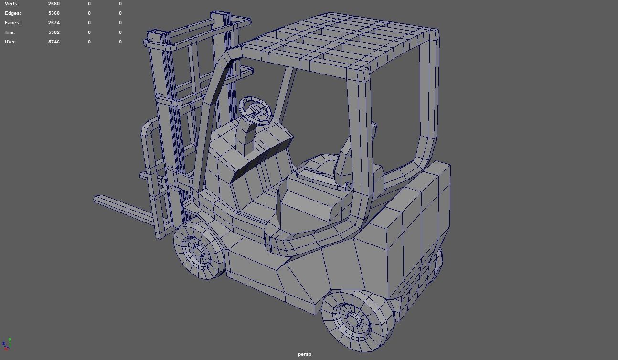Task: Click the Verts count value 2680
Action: (x=53, y=4)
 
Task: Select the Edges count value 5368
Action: (x=53, y=13)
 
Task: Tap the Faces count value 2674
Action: (x=53, y=23)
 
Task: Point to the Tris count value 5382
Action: (x=53, y=32)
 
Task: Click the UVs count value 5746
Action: (x=53, y=42)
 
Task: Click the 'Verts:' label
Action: (x=11, y=4)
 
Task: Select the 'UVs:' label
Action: (x=10, y=42)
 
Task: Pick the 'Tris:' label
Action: (x=10, y=32)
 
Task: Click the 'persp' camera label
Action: (x=304, y=354)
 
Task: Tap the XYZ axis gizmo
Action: (x=6, y=344)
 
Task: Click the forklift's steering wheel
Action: (x=256, y=110)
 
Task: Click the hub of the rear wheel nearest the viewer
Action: (x=353, y=319)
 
